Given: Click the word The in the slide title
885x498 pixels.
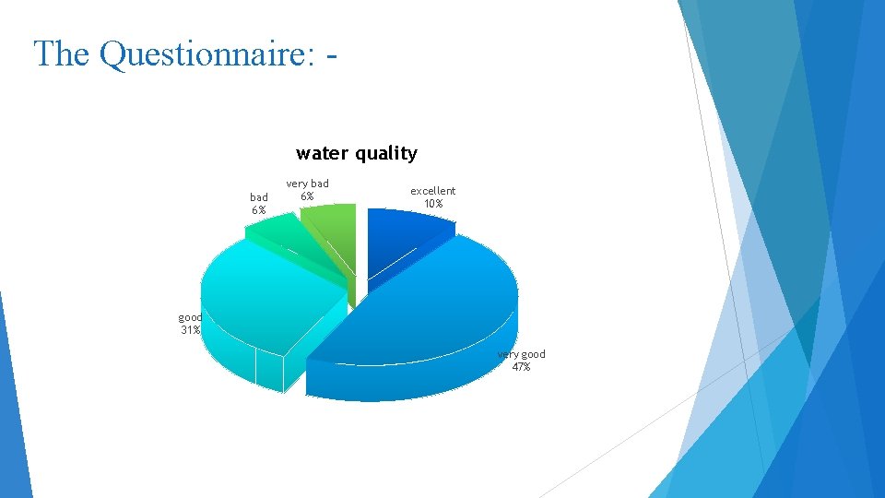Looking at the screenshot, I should [x=62, y=53].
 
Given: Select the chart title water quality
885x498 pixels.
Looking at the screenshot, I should [x=356, y=153].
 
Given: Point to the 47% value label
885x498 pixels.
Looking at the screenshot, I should [x=521, y=367].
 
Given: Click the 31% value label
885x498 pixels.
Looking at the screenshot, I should [x=190, y=330].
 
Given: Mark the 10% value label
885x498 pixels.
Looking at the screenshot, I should [x=433, y=204].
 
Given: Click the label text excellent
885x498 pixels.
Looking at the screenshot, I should [x=433, y=191].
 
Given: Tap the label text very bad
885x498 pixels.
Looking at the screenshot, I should [x=307, y=184].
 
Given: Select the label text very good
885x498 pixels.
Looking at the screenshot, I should [x=522, y=354].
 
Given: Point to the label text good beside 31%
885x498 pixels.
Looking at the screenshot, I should [x=190, y=317].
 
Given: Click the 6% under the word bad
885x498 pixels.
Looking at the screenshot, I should [x=258, y=210].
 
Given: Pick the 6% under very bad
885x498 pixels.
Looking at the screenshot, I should [x=307, y=196].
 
